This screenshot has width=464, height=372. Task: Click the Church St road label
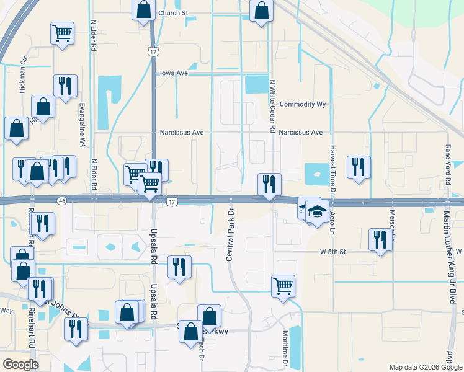point(172,13)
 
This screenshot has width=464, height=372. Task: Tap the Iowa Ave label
point(174,73)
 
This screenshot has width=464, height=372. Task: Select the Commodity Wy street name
point(303,104)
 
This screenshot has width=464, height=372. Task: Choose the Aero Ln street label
point(332,221)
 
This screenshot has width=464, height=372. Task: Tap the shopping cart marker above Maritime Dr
point(283,286)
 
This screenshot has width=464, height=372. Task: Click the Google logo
point(20,365)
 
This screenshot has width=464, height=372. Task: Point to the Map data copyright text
point(426,367)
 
